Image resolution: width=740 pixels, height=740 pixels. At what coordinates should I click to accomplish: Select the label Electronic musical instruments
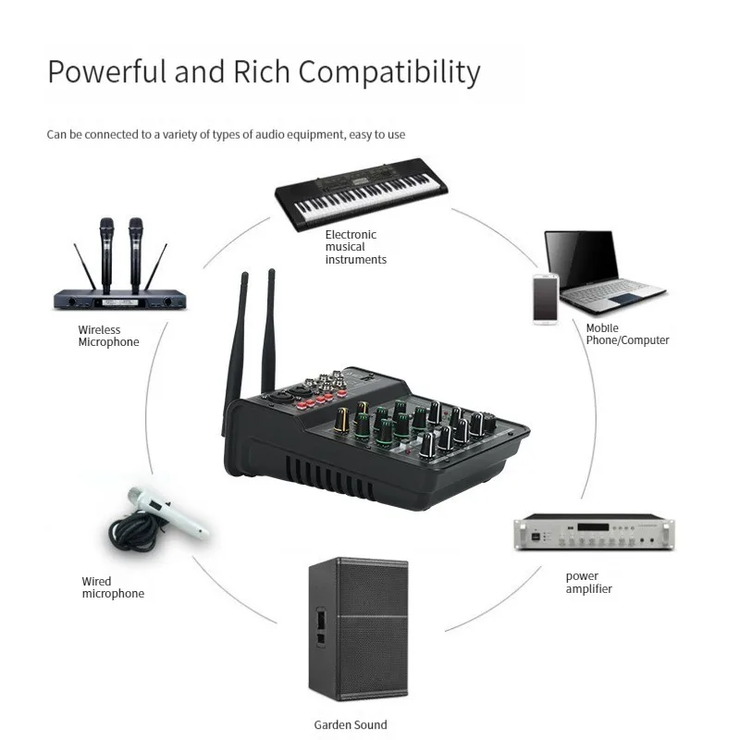coord(355,247)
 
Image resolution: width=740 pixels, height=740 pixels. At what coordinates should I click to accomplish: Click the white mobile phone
coord(545,298)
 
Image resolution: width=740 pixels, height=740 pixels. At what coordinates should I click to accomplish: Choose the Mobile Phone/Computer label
coord(627,334)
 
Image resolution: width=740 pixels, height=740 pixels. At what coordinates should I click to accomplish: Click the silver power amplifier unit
coord(594,534)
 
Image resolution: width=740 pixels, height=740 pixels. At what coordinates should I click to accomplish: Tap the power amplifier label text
coord(588,583)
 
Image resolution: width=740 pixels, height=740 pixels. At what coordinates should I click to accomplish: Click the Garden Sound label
coord(351,724)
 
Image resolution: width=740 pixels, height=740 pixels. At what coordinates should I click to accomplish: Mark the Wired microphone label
coord(113,587)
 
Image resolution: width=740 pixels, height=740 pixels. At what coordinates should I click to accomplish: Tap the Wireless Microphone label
coord(108,336)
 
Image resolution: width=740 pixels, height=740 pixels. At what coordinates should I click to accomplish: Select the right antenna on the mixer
coord(269,333)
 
